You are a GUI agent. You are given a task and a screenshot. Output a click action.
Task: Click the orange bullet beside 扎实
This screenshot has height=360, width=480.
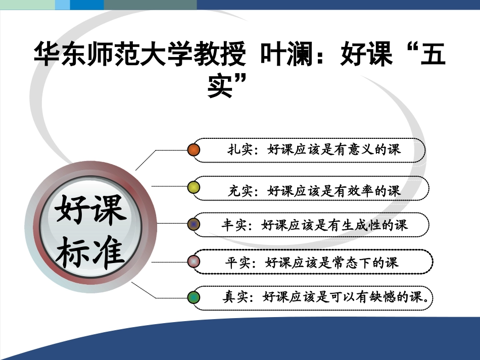click(x=194, y=150)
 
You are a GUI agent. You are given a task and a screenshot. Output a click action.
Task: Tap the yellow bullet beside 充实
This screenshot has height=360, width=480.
click(x=194, y=188)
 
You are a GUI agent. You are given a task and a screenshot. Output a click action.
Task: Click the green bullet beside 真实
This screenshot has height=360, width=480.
click(x=194, y=297)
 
